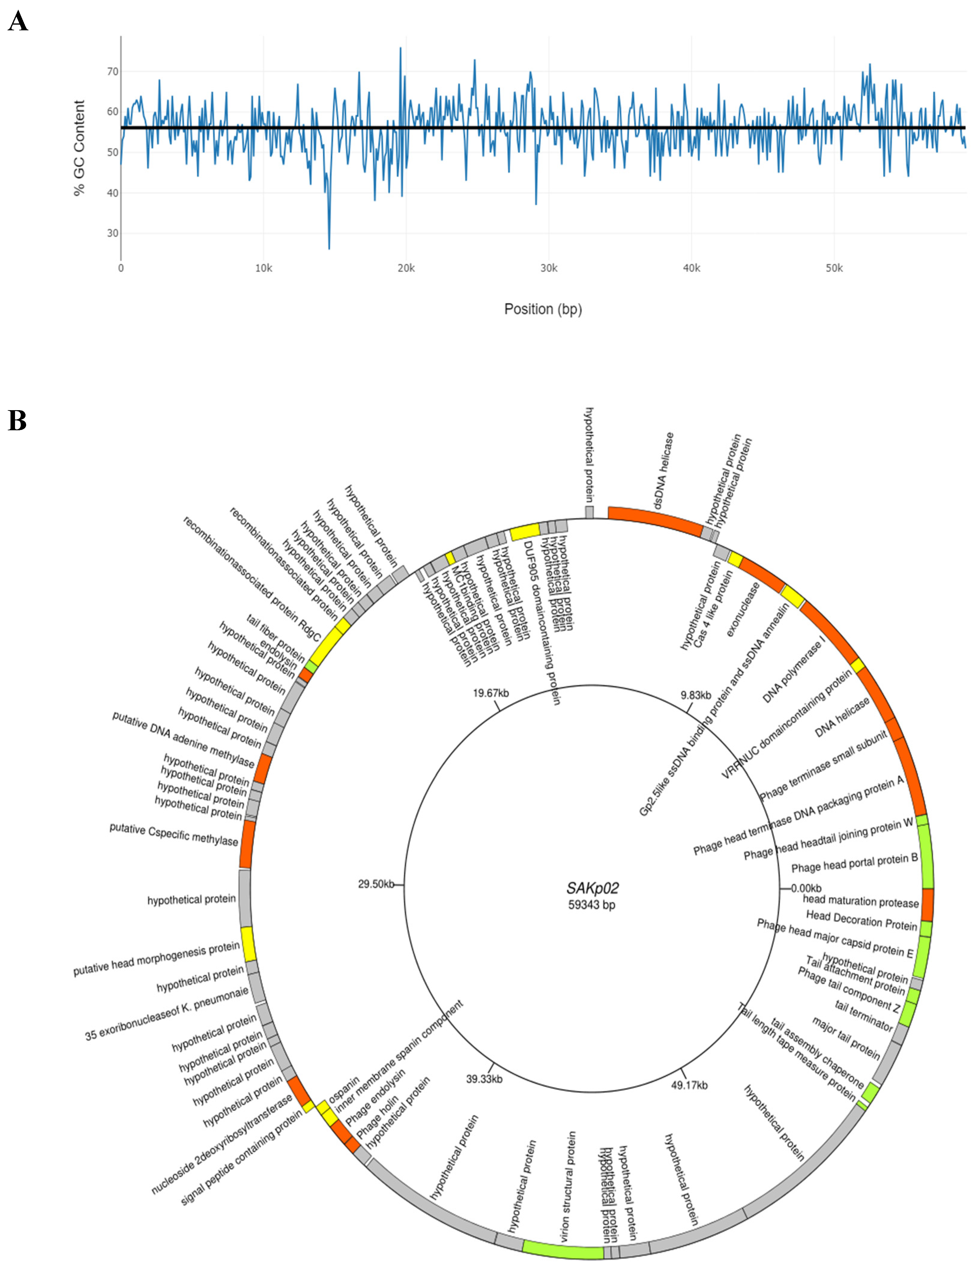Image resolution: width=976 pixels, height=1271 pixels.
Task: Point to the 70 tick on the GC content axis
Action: point(112,71)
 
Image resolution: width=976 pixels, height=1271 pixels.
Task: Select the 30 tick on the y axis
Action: point(112,233)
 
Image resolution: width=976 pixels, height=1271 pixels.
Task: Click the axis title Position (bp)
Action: point(542,309)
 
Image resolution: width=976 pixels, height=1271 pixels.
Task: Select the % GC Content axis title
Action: point(79,148)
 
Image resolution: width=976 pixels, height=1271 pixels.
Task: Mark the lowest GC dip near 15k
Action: point(329,247)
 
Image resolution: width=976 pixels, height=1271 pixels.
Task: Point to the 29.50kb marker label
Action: point(375,884)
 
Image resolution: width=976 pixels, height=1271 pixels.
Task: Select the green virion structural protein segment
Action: point(562,1249)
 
